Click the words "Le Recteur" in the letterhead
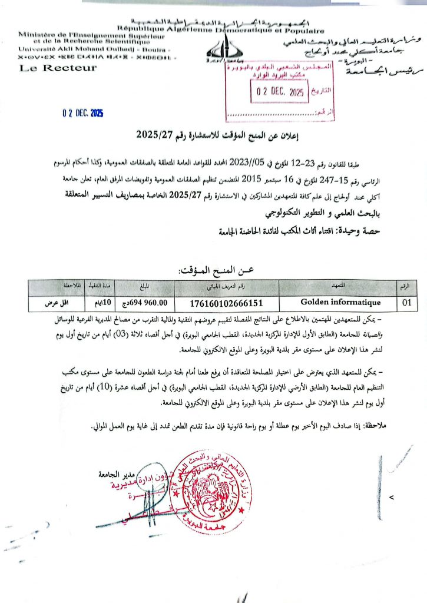[x=58, y=68]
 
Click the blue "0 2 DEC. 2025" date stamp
[x=82, y=114]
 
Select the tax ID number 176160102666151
[x=226, y=303]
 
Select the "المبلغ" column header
[x=144, y=287]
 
